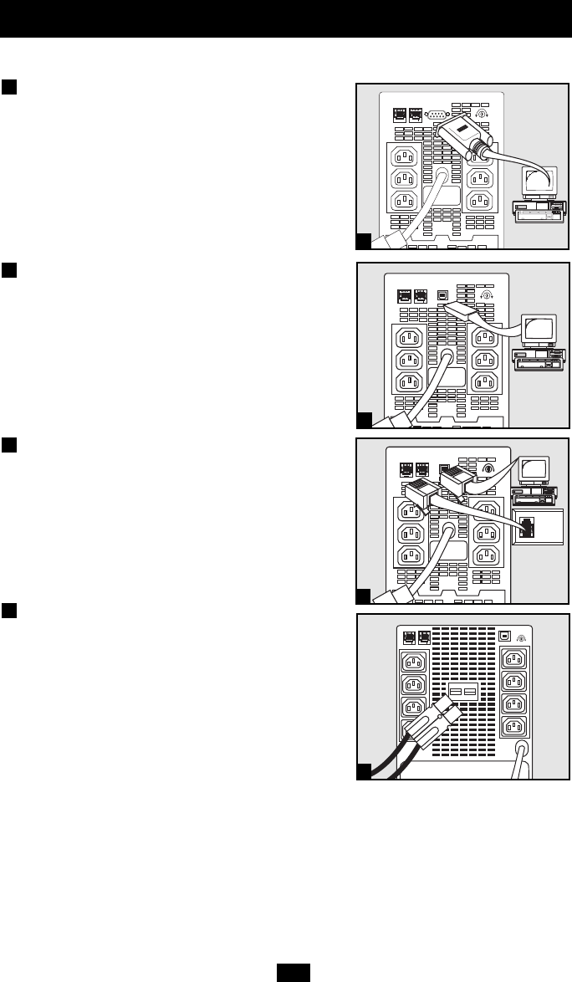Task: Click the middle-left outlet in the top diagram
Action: click(x=404, y=178)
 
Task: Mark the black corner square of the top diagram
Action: click(x=363, y=242)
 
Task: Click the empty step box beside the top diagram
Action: click(x=9, y=88)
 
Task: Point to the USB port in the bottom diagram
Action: click(x=504, y=635)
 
